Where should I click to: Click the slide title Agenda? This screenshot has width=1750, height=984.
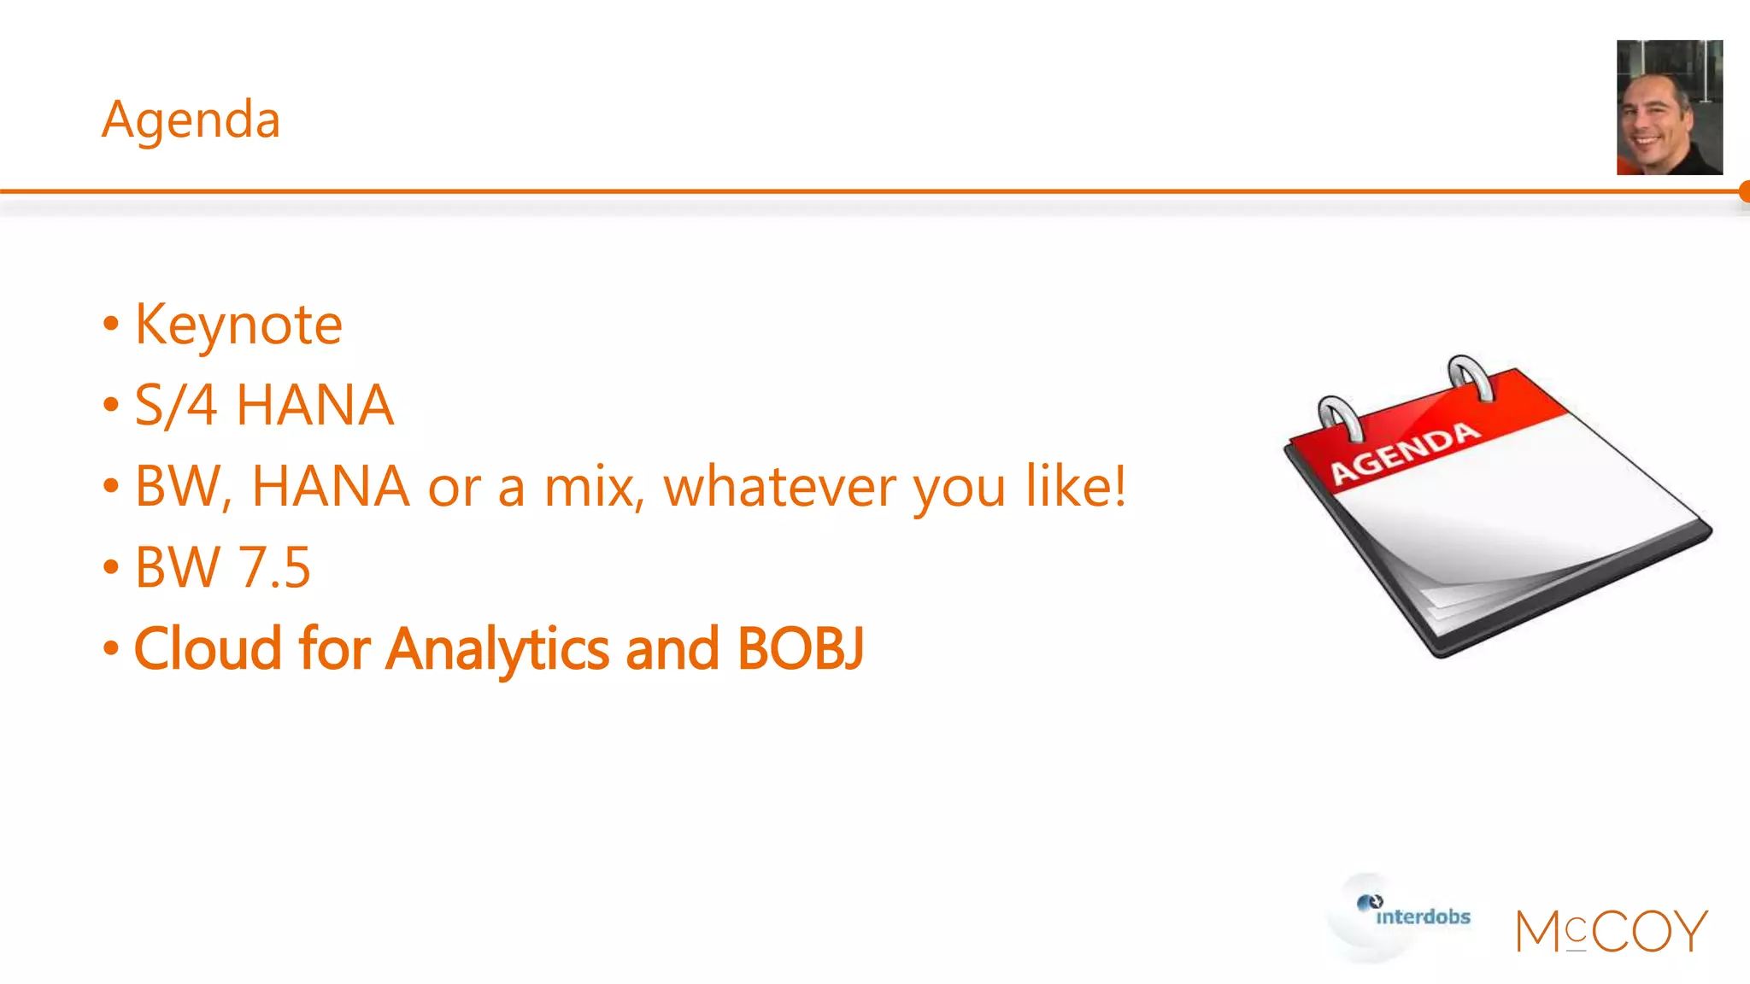(191, 120)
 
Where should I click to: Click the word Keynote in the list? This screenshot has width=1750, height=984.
(238, 325)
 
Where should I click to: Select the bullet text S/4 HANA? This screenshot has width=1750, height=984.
(264, 405)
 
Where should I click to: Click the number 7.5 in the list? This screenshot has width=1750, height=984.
(273, 567)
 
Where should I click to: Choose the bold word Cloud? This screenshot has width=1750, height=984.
(208, 648)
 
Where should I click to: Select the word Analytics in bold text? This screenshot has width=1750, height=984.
(497, 650)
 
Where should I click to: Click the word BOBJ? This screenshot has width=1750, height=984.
(800, 648)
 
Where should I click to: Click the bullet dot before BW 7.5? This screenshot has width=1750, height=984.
(110, 567)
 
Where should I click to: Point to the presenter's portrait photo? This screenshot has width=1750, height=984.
(1669, 108)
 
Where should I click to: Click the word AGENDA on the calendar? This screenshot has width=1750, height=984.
(1405, 453)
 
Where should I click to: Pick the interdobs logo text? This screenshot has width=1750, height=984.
(1423, 917)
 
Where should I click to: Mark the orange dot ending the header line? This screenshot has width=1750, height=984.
(1743, 191)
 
